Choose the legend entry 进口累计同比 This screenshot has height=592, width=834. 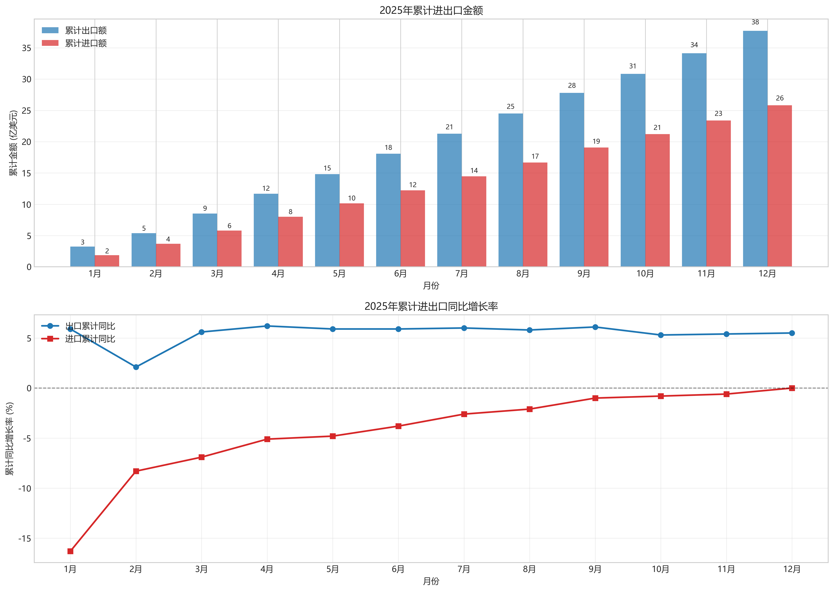pyautogui.click(x=90, y=339)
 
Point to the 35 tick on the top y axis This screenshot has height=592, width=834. pyautogui.click(x=26, y=48)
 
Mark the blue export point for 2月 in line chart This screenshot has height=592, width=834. pyautogui.click(x=136, y=367)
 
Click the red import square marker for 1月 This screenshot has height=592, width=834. pyautogui.click(x=71, y=551)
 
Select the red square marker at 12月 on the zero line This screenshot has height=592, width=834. pyautogui.click(x=792, y=388)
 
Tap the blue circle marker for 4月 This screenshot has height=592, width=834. pyautogui.click(x=267, y=326)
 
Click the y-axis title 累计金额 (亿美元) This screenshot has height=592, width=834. pyautogui.click(x=13, y=143)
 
